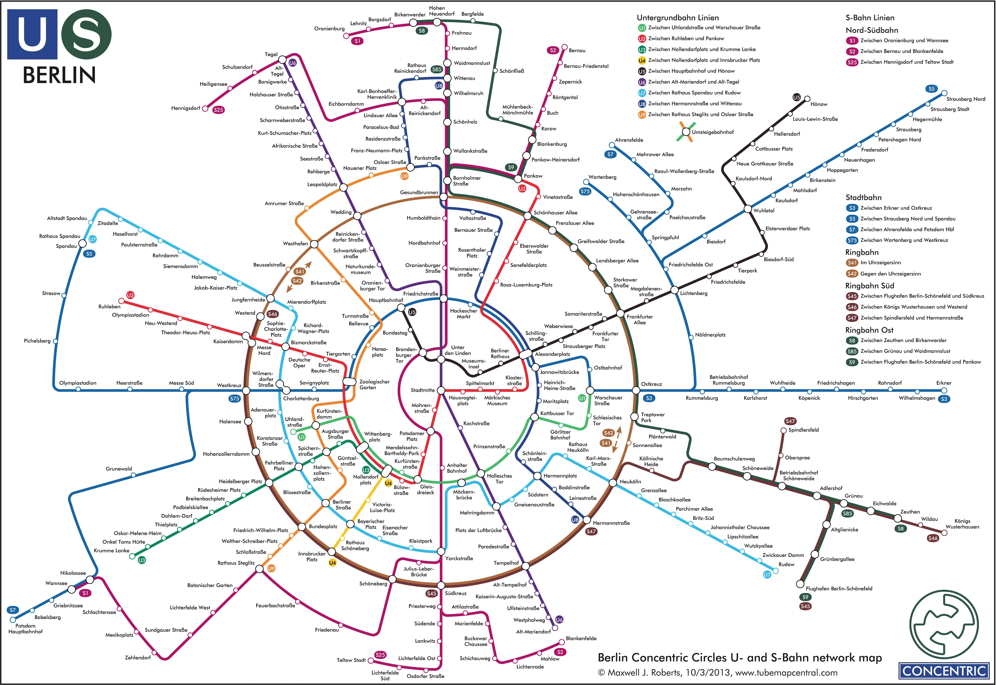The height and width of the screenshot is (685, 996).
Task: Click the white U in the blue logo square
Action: click(32, 34)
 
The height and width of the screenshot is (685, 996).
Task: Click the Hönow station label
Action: click(819, 104)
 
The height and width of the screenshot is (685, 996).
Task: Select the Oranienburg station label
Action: click(329, 29)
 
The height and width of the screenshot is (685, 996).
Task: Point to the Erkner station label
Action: click(944, 383)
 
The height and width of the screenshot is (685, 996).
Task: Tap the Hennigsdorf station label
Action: click(186, 108)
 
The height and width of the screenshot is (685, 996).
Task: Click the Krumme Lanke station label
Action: click(112, 551)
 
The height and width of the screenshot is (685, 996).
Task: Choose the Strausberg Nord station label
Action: click(966, 99)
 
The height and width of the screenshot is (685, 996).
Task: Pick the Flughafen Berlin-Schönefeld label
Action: click(839, 588)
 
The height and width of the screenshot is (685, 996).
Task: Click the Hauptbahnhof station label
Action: click(386, 300)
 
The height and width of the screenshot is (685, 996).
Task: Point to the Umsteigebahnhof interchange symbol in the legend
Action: click(686, 132)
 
